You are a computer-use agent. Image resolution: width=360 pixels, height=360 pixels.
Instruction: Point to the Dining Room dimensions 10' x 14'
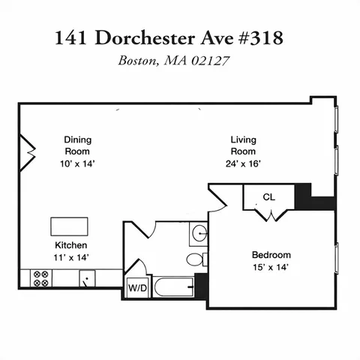78,163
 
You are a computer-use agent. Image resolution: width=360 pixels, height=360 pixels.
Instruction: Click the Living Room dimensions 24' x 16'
244,163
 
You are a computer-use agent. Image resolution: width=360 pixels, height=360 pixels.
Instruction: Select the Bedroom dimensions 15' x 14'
271,266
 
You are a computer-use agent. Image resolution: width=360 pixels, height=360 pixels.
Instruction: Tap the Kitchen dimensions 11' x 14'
72,257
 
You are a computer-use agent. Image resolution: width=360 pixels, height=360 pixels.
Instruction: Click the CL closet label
268,198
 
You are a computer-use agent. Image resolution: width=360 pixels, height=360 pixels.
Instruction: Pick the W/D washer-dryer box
137,287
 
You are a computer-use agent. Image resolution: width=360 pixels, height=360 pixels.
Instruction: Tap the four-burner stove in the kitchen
40,279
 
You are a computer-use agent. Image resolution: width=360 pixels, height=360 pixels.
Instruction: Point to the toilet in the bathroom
196,260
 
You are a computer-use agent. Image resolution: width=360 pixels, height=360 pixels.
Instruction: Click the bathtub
173,287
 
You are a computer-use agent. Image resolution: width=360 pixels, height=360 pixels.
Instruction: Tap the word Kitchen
71,245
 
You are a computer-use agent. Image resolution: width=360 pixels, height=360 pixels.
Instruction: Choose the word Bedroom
271,254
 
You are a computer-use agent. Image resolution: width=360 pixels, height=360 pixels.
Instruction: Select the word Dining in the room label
77,139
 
